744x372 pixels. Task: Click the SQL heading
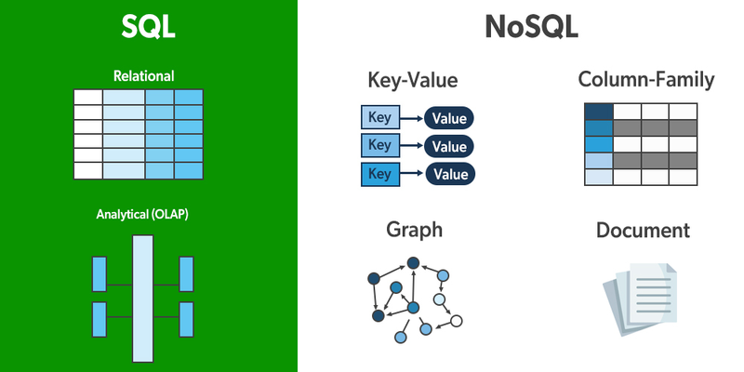tap(148, 28)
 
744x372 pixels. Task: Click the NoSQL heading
tap(532, 28)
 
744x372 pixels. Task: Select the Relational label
tap(143, 75)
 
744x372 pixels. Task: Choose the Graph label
tap(414, 229)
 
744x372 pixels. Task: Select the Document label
tap(643, 229)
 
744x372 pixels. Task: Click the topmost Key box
tap(379, 117)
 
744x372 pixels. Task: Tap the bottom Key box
tap(379, 173)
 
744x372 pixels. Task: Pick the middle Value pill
tap(450, 146)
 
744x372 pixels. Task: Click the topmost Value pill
tap(450, 118)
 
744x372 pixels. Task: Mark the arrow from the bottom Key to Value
tap(411, 174)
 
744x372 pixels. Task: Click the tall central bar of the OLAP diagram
tap(142, 298)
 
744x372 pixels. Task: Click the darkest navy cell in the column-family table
tap(598, 111)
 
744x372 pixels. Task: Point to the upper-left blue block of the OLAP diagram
tap(100, 273)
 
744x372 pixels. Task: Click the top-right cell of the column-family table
tap(682, 111)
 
